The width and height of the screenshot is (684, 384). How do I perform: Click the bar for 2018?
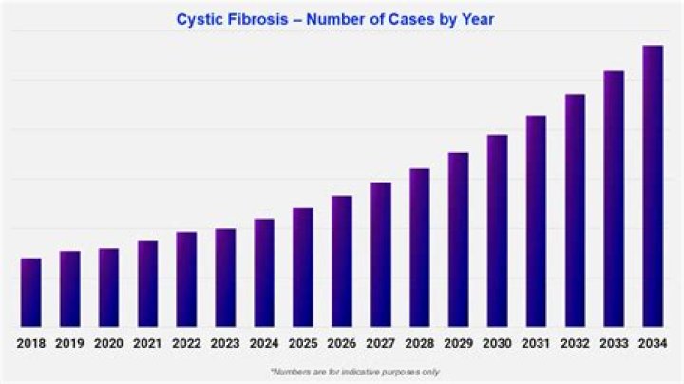31,293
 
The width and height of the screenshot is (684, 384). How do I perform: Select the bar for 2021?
147,283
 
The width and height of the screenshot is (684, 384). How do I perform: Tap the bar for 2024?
264,273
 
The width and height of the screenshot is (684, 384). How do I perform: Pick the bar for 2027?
381,255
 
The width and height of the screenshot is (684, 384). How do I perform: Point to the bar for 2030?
497,231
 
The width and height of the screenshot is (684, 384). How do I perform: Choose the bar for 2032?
575,210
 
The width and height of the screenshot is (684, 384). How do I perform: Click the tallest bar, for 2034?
653,186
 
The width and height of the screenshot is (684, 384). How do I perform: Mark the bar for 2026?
342,261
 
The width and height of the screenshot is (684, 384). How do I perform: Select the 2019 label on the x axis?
69,344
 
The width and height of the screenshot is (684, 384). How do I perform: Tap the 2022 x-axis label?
186,344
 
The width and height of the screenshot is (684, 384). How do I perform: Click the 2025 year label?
303,344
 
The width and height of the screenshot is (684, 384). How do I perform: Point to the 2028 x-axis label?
420,344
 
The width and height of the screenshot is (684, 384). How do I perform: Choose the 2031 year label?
536,344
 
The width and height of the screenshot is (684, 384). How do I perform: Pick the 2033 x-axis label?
614,344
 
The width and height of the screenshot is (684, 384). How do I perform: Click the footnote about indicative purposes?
355,373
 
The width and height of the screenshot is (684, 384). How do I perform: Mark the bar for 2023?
225,278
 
